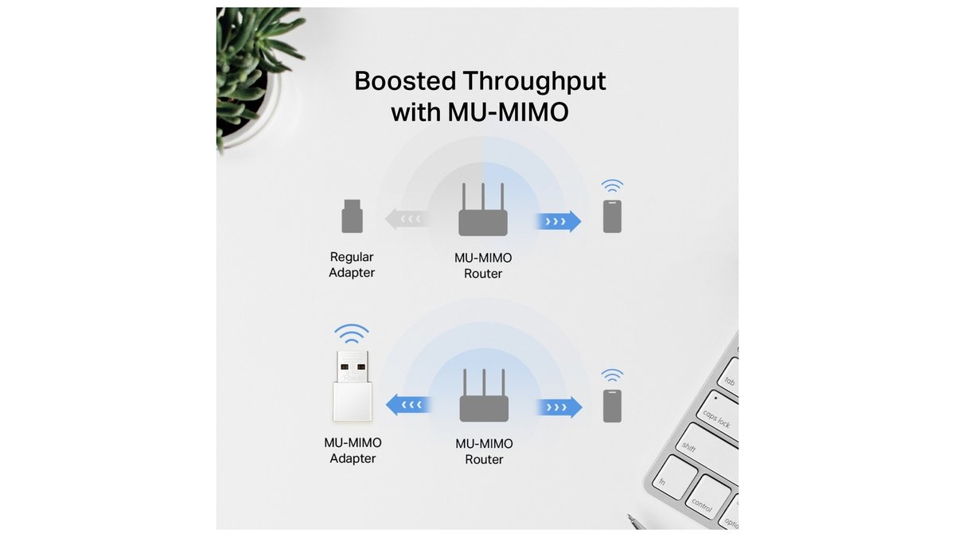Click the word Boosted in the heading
[x=404, y=81]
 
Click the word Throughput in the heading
[x=534, y=81]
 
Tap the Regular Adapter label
[x=352, y=265]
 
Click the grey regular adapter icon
[x=352, y=216]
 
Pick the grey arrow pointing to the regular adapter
[x=407, y=219]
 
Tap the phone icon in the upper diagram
[x=612, y=216]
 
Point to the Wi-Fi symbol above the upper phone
[x=612, y=186]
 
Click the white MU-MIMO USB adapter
[x=352, y=385]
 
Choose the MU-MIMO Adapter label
[x=352, y=450]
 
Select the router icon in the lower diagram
[x=484, y=397]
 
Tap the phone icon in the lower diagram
[x=612, y=406]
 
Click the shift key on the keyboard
[x=689, y=449]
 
